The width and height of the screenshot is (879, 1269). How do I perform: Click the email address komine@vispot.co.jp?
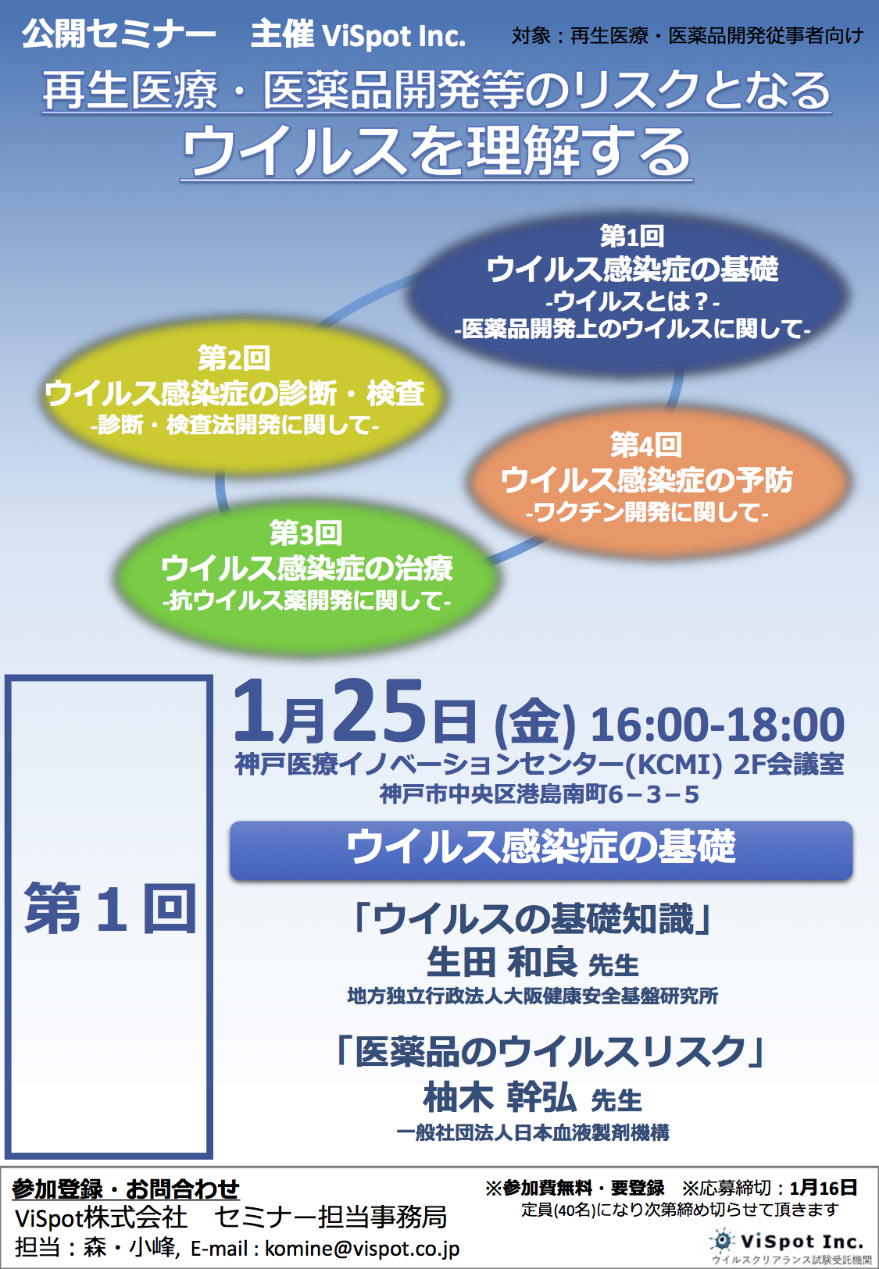tap(362, 1248)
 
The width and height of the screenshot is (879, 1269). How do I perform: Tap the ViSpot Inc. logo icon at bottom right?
tap(722, 1241)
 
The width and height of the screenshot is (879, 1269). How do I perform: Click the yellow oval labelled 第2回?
tap(243, 397)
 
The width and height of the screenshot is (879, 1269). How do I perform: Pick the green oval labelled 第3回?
tap(306, 577)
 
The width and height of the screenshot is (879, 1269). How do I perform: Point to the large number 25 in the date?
tap(379, 711)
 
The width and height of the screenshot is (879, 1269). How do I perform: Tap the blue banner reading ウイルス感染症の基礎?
tap(541, 850)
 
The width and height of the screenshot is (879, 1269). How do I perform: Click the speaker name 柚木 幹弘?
tap(499, 1098)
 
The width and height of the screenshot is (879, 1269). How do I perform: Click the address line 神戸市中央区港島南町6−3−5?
tap(539, 794)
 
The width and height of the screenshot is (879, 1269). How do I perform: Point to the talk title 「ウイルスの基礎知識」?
tap(532, 919)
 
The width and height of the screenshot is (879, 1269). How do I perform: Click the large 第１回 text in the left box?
tap(110, 909)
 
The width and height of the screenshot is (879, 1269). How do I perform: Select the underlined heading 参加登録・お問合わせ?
tap(126, 1189)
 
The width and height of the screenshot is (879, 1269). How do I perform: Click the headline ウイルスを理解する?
tap(437, 151)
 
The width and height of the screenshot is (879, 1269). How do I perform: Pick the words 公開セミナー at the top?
tap(119, 34)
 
